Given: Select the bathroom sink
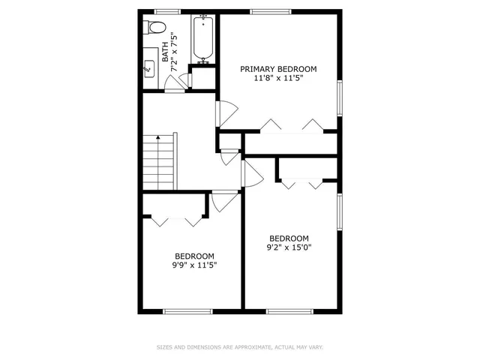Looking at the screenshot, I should tap(148, 69).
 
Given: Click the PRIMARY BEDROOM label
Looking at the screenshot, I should tap(278, 69).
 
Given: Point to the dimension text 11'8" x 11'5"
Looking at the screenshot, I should tap(278, 78).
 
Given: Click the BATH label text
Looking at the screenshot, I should tap(165, 53).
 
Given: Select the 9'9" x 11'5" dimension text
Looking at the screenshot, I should tap(195, 265).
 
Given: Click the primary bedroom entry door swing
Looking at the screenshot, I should tap(227, 112).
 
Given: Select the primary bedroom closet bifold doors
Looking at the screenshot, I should tap(289, 124).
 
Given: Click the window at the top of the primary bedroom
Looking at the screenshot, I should tap(271, 11).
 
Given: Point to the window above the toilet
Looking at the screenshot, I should tap(167, 11).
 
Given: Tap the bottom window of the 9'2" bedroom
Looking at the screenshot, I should tap(289, 310).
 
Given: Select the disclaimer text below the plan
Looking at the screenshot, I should tap(240, 347).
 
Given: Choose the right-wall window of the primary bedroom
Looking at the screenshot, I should tap(340, 97).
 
